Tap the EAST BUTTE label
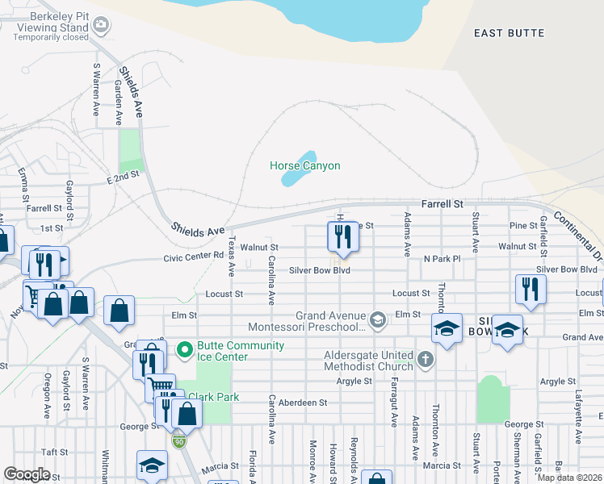click(509, 33)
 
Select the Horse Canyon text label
click(304, 165)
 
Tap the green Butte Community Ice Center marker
click(184, 349)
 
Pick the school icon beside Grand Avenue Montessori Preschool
click(376, 321)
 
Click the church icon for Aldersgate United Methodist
click(426, 357)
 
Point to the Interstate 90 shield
click(179, 441)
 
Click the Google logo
click(27, 474)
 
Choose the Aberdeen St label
click(298, 402)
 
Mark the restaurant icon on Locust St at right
click(531, 289)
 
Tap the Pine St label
click(523, 226)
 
